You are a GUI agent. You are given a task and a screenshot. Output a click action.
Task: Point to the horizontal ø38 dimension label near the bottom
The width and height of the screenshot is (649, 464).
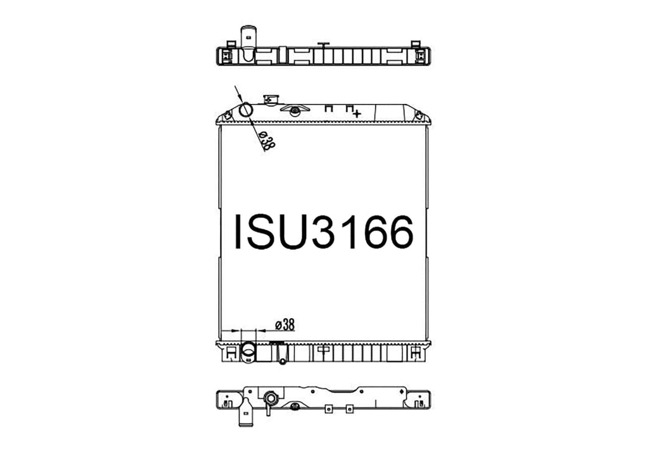point(285,325)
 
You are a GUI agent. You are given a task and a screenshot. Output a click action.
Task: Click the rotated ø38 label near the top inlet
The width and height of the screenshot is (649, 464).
point(267,140)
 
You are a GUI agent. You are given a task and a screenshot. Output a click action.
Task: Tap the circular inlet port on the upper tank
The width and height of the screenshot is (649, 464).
point(247,110)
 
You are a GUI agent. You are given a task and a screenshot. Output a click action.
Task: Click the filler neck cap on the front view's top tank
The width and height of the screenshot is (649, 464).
point(271,100)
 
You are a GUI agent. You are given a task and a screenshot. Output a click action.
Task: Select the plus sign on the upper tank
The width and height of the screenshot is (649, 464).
point(357,113)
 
